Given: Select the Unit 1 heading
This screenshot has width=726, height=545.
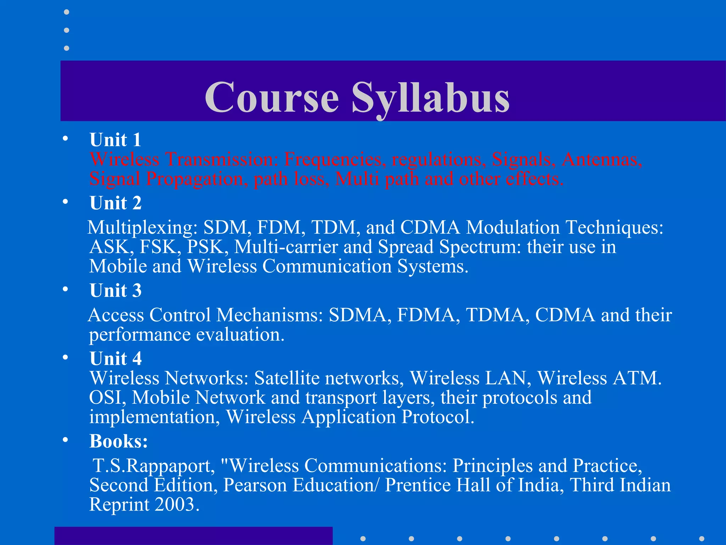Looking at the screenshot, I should [116, 140].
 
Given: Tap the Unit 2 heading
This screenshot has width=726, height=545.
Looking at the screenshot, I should [116, 203].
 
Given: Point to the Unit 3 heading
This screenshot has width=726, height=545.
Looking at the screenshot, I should [116, 291].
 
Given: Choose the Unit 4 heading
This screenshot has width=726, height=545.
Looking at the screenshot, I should [116, 358].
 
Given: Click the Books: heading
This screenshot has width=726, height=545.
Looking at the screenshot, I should [118, 441].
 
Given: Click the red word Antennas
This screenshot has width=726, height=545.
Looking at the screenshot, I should [602, 159].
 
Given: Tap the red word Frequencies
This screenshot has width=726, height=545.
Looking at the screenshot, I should [335, 159].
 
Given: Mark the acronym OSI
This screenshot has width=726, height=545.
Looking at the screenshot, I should [107, 397].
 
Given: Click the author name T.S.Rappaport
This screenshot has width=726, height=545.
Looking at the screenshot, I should [153, 466].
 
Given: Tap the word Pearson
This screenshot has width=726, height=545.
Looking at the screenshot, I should [255, 485].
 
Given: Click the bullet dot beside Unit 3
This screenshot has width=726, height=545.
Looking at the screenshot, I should [65, 289].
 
